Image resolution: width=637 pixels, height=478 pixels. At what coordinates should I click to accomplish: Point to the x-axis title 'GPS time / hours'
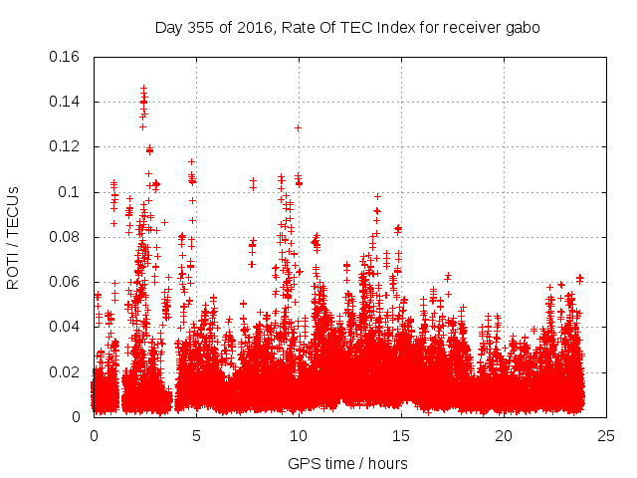point(347,463)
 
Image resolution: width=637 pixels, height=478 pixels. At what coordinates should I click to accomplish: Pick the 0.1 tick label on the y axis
point(69,192)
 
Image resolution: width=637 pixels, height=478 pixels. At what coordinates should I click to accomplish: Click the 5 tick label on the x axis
point(196,436)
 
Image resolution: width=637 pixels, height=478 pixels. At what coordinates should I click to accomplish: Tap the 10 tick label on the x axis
point(299,436)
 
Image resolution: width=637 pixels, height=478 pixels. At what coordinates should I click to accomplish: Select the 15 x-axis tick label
point(401,436)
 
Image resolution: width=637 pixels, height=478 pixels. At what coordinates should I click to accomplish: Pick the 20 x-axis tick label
point(504,436)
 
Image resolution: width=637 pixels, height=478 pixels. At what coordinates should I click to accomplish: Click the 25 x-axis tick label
point(606,436)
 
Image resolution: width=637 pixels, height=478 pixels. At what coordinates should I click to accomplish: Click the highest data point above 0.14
point(143,88)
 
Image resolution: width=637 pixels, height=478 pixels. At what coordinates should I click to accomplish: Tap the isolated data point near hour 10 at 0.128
point(298,127)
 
